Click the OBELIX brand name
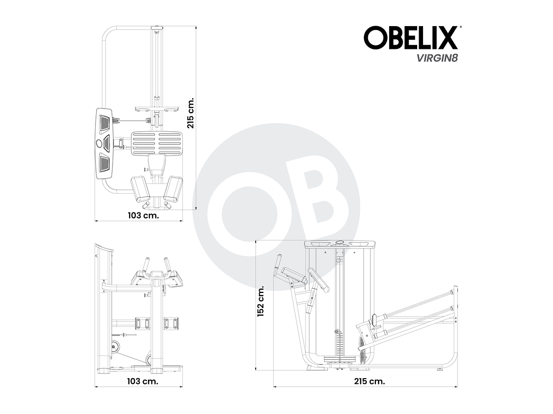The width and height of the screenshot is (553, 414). click(410, 38)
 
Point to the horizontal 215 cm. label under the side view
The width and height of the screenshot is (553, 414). click(370, 381)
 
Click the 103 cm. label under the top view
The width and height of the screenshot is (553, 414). click(143, 215)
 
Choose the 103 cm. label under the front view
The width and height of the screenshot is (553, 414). click(143, 381)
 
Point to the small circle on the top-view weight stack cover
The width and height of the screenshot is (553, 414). click(99, 143)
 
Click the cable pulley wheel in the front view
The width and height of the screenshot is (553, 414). click(115, 347)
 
